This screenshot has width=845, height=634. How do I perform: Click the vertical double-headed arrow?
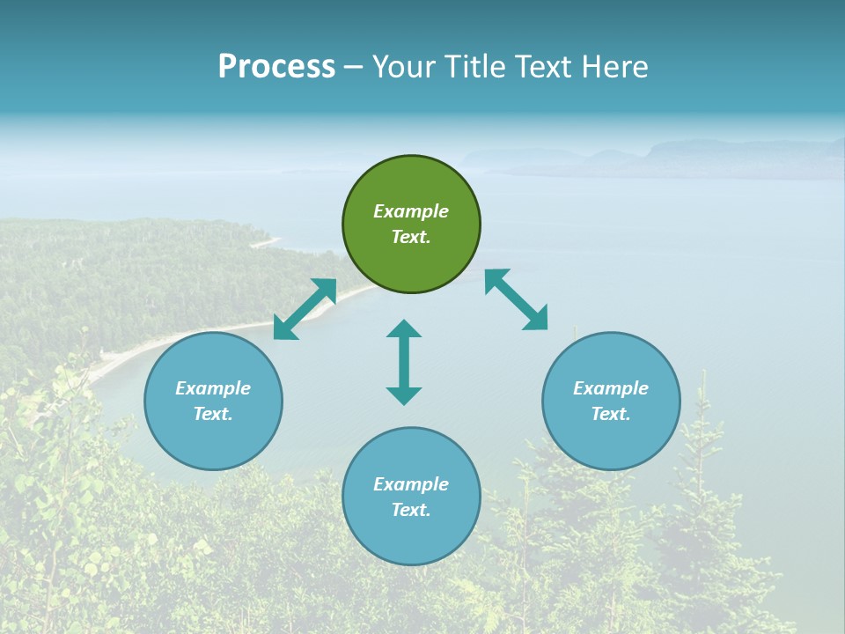(404, 362)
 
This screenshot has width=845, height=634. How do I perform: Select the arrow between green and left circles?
(305, 309)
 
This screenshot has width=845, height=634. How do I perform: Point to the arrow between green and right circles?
(516, 299)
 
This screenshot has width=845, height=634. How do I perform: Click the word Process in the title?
(276, 66)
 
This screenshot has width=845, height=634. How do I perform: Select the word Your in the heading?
(402, 66)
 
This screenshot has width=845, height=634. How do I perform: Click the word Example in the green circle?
(411, 211)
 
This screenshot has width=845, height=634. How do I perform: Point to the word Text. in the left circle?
(213, 414)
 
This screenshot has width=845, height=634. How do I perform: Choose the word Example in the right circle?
(611, 388)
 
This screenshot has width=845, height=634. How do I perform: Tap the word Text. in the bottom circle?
(411, 510)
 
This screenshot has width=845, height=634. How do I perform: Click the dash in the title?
(354, 67)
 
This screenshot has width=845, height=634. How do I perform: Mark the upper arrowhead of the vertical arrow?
(404, 329)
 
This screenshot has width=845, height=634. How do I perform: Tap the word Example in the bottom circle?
(411, 484)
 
